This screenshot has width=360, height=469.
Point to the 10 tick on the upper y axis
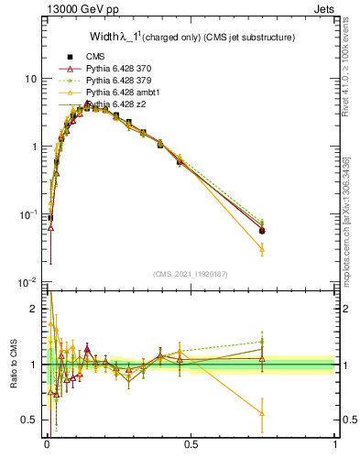click(30, 79)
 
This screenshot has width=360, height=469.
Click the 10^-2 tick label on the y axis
click(27, 282)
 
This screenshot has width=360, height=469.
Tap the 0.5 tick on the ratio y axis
click(30, 420)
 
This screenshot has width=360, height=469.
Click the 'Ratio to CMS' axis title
click(14, 364)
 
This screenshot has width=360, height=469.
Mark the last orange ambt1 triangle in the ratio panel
click(262, 413)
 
